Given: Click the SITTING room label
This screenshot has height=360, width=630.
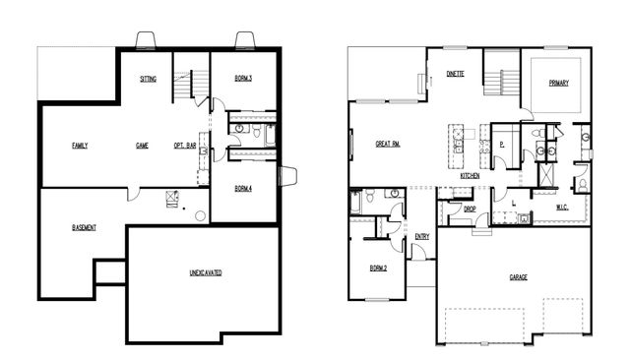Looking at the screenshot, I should tap(148, 79).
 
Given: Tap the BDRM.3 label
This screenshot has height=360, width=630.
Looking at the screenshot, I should tap(245, 79).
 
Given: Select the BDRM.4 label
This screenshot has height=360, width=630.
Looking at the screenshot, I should tap(245, 188).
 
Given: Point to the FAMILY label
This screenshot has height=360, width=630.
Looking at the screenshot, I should tap(80, 146).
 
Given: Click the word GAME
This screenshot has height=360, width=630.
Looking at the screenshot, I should tap(142, 146).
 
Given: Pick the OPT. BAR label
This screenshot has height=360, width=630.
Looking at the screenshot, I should tap(186, 146).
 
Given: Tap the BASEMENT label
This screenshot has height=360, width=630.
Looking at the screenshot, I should tap(85, 228).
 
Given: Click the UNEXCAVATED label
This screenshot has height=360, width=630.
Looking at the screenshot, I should tap(205, 272).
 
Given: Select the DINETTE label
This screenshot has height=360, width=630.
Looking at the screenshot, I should tap(455, 74).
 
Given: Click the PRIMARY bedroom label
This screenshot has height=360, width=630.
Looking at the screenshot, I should tap(559, 84).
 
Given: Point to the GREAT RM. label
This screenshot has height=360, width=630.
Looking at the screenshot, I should tap(387, 144).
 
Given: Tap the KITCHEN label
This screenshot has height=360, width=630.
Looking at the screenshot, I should tap(470, 175).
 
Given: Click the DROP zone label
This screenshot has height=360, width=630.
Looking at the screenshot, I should tap(457, 210).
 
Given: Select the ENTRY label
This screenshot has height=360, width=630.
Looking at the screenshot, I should tap(422, 236).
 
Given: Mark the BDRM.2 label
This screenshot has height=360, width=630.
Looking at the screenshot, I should tap(377, 268).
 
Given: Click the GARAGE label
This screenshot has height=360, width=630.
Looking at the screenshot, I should tap(518, 277).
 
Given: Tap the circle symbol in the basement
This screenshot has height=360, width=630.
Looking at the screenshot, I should tap(200, 214).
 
